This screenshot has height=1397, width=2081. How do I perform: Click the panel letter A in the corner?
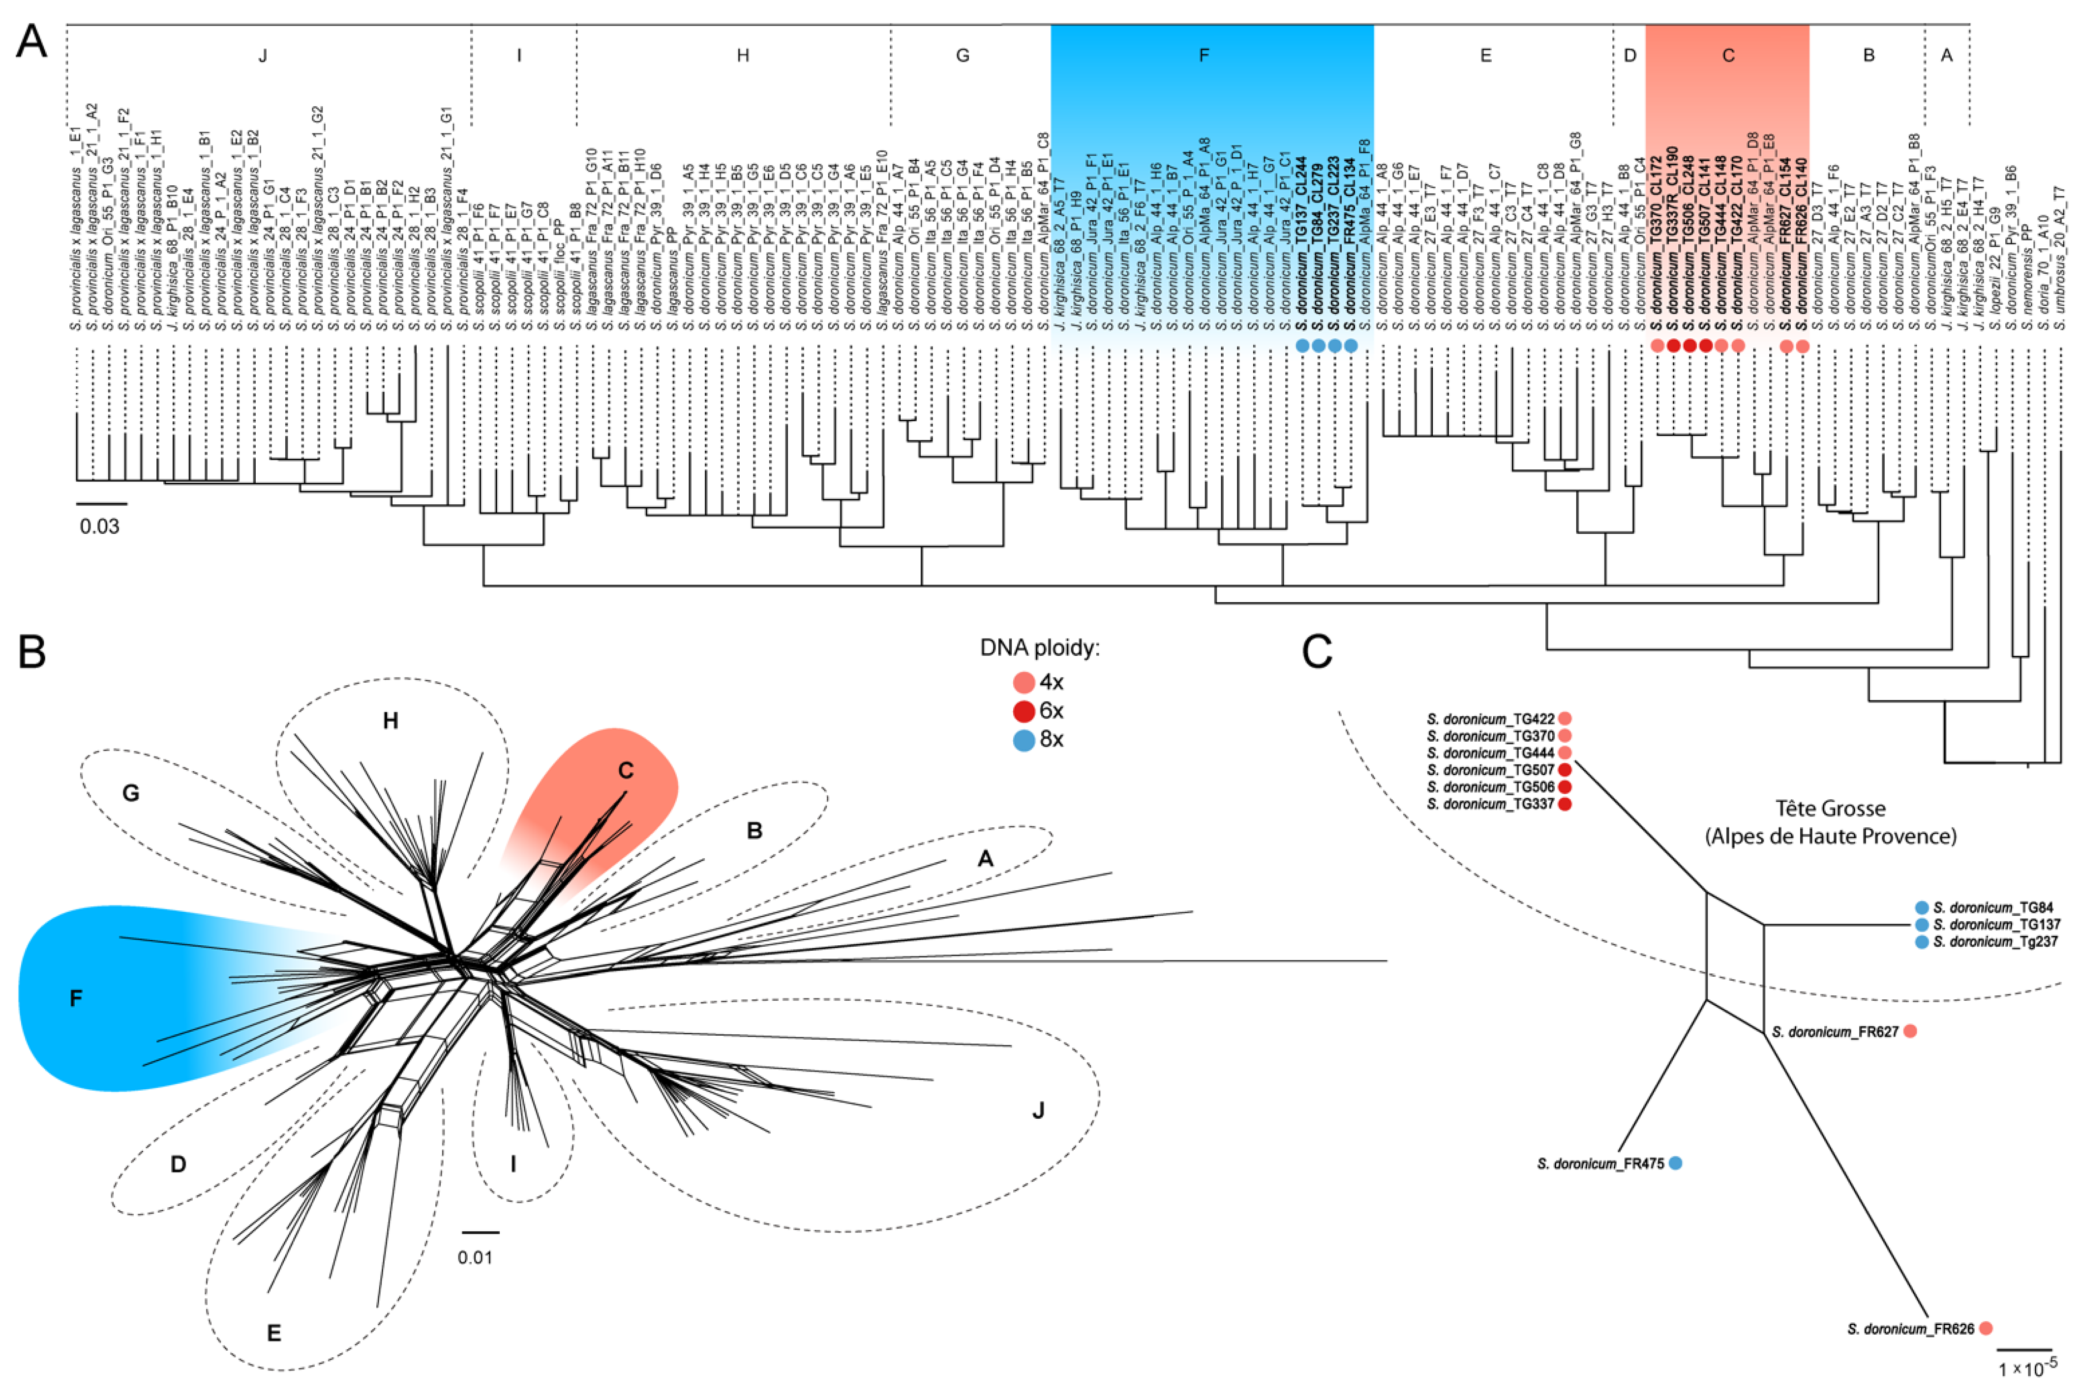click(32, 41)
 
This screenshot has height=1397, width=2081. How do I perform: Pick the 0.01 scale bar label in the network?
click(475, 1257)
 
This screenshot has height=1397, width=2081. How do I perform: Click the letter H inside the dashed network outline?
click(391, 721)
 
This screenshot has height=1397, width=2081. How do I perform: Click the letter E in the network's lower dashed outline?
click(273, 1334)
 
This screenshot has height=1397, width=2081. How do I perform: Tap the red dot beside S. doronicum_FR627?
click(1910, 1032)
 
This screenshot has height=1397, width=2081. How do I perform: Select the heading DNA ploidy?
click(1039, 648)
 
